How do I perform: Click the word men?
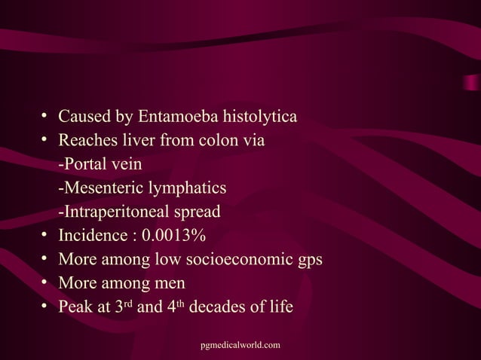click(x=170, y=283)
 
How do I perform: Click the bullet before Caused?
click(x=46, y=117)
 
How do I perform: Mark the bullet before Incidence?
click(x=46, y=235)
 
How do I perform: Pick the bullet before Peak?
click(x=46, y=307)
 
